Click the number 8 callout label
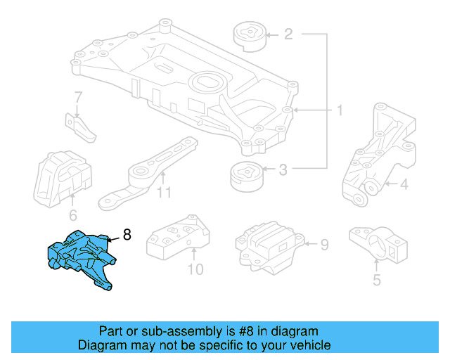point(127,235)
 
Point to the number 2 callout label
point(288,34)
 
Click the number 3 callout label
point(283,169)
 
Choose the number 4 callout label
point(404,186)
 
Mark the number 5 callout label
point(376,281)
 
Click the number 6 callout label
point(73,215)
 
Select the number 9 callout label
point(324,245)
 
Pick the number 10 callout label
point(195,269)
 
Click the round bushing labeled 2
point(248,35)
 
